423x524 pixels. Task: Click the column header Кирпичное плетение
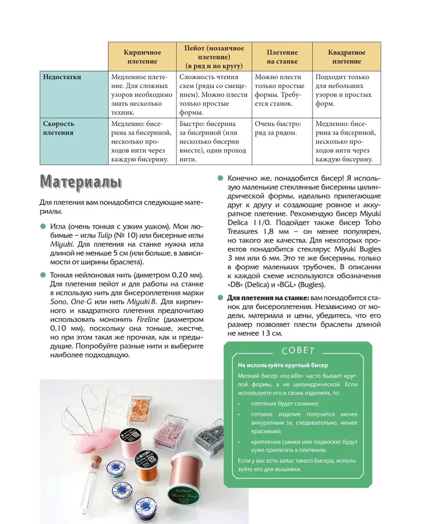pos(142,57)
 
